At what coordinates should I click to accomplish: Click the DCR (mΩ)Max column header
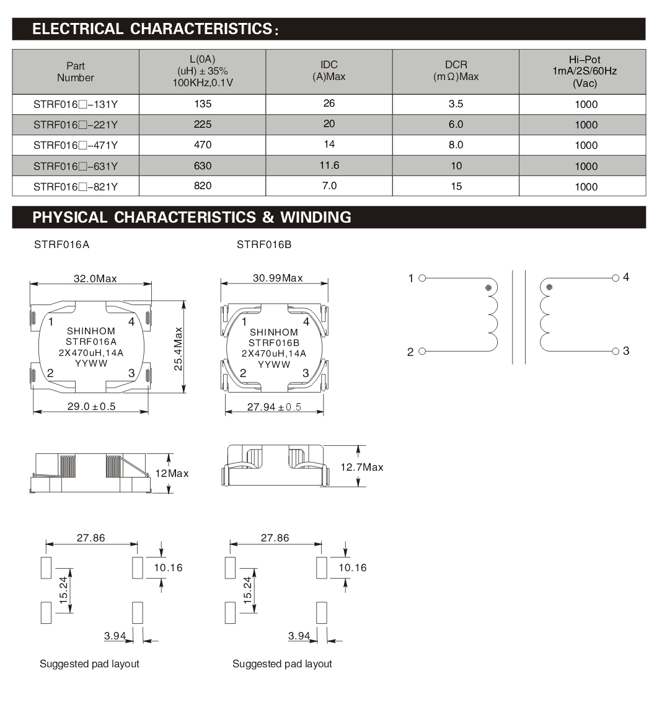(456, 71)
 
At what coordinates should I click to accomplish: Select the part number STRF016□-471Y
(76, 145)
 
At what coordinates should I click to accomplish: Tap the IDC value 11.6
(329, 165)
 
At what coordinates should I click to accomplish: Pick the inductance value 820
(203, 185)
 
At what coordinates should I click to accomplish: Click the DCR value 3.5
(456, 104)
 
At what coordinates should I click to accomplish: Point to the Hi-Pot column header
(585, 71)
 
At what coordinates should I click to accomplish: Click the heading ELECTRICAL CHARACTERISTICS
(154, 29)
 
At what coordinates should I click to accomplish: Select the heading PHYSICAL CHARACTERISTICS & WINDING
(192, 217)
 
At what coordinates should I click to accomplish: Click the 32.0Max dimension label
(95, 278)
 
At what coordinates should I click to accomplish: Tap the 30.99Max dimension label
(278, 278)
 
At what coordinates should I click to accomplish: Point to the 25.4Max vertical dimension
(179, 349)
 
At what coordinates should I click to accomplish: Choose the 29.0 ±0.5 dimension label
(91, 407)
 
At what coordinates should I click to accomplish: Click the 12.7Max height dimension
(362, 467)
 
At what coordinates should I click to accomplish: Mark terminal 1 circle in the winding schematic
(422, 278)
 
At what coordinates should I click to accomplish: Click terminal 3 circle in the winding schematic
(616, 351)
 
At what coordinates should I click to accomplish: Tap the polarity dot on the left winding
(488, 288)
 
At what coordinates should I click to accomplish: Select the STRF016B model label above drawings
(264, 244)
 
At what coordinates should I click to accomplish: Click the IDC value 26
(329, 104)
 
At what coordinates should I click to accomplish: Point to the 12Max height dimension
(172, 473)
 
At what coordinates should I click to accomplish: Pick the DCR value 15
(456, 186)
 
